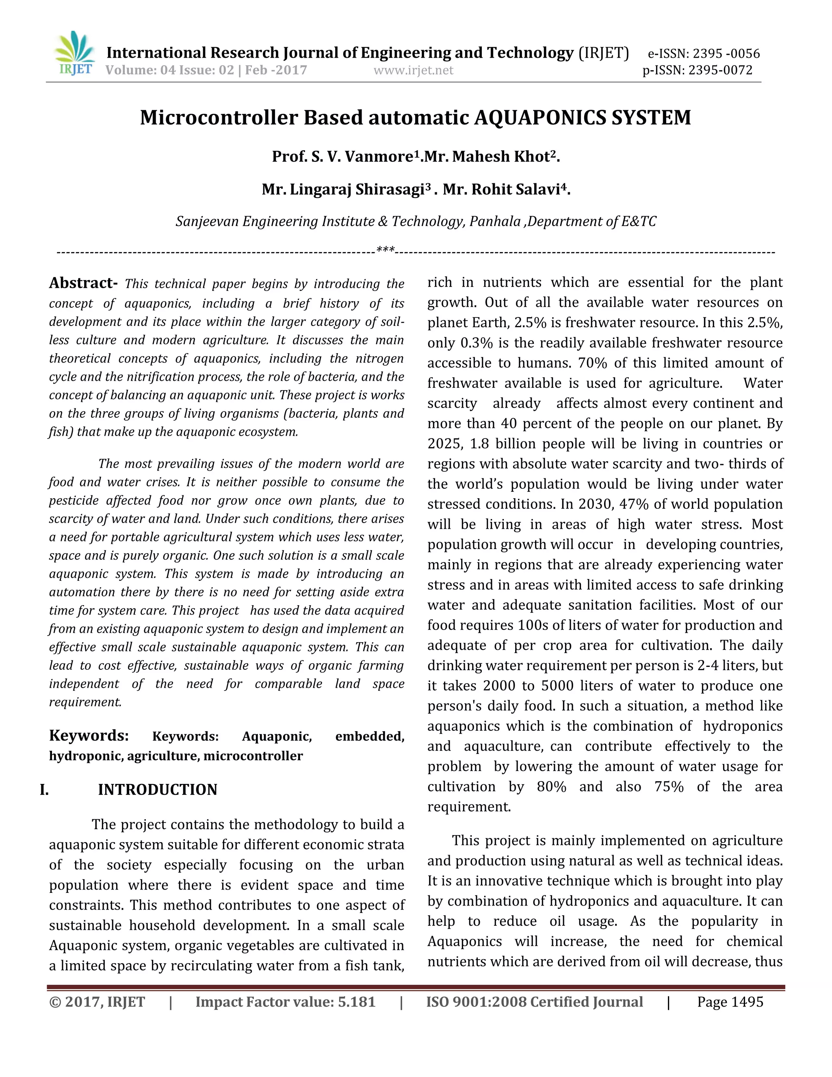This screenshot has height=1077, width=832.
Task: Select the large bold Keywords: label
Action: tap(89, 735)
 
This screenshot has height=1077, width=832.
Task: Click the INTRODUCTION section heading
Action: tap(157, 790)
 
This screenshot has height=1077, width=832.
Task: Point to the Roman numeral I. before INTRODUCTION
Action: tap(44, 790)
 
